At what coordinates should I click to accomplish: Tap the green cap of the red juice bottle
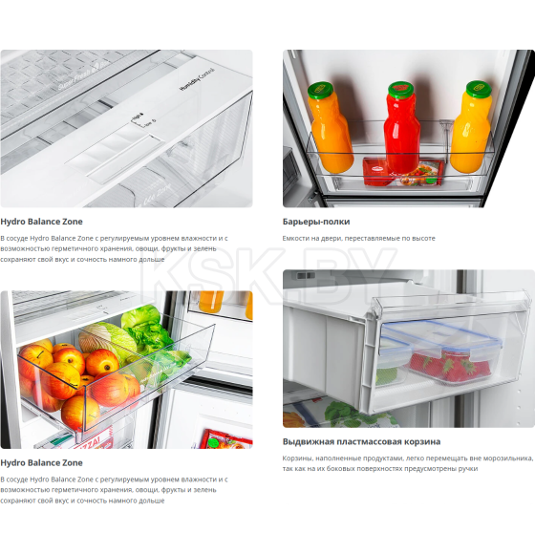pos(400,90)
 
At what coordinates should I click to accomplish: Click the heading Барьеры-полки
pos(316,222)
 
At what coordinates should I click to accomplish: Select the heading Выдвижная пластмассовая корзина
pos(361,441)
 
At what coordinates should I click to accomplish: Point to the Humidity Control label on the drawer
pos(197,80)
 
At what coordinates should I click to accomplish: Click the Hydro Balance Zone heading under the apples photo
pos(41,462)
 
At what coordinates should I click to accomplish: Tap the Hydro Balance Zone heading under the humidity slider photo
pos(41,222)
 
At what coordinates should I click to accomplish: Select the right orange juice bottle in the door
pos(471,126)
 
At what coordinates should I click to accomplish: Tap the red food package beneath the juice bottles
pos(403,173)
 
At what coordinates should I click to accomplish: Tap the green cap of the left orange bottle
pos(320,90)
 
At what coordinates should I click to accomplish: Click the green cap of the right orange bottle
pos(479,88)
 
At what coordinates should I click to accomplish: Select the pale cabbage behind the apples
pos(106,339)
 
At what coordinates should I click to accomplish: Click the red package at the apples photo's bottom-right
pos(225,438)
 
